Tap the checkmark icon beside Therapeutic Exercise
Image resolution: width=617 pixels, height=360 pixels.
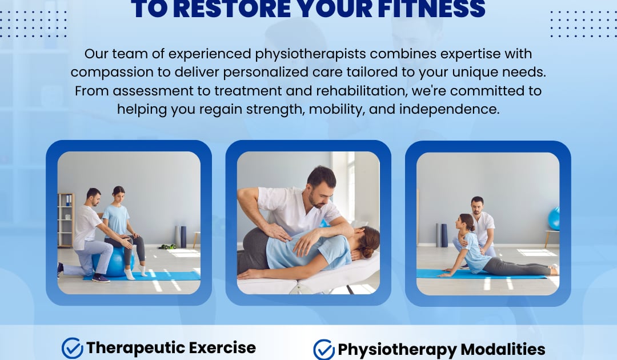pyautogui.click(x=72, y=347)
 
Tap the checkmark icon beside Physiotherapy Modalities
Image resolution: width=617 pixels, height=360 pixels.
pyautogui.click(x=324, y=349)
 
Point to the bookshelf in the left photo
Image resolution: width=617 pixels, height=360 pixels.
pyautogui.click(x=66, y=219)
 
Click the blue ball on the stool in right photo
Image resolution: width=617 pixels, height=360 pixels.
pyautogui.click(x=554, y=218)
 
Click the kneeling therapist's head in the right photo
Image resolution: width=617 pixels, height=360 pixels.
pyautogui.click(x=478, y=205)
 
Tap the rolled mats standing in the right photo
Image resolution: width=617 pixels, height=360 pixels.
pyautogui.click(x=440, y=235)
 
